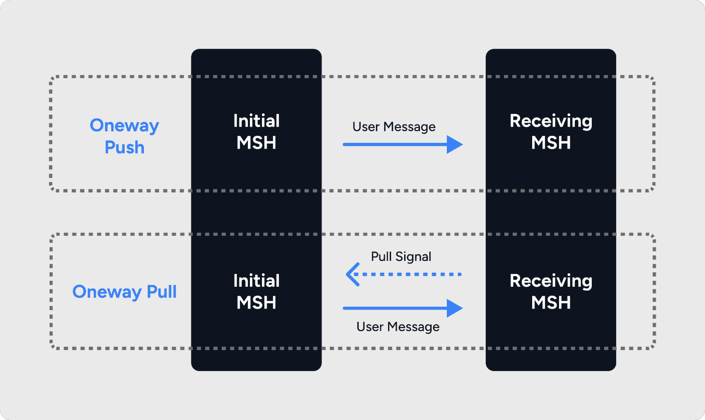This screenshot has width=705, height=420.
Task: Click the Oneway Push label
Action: point(124,136)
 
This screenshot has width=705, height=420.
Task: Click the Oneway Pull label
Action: point(124,292)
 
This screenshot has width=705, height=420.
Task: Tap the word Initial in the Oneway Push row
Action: point(256,121)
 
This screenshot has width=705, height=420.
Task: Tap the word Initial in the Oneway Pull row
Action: point(256,281)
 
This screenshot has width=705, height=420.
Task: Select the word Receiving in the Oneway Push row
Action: point(551,121)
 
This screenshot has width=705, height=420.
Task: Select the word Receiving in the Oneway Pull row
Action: point(551,281)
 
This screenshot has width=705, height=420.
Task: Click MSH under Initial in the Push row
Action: point(256,143)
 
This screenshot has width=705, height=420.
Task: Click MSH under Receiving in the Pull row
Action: point(551,303)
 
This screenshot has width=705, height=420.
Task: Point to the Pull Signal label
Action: point(401,257)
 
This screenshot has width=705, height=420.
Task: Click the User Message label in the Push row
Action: point(394,127)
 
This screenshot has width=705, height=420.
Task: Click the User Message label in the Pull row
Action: point(398,327)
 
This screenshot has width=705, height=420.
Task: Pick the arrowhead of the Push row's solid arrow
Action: point(455,144)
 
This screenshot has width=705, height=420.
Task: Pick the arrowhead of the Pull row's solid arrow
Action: point(455,308)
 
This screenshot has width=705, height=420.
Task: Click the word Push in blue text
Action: point(124,147)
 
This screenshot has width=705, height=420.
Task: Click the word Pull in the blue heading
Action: point(162,292)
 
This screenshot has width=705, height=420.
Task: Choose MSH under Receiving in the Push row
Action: point(551,143)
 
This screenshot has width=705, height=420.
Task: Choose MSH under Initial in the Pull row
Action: point(256,303)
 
